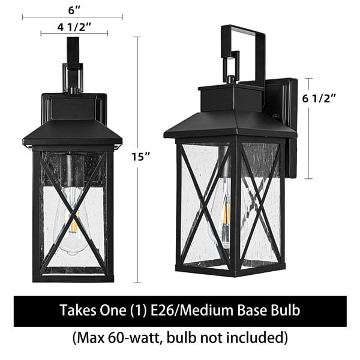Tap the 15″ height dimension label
click(x=140, y=157)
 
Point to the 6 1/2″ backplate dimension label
click(x=319, y=99)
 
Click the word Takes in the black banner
click(x=78, y=310)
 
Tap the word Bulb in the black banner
click(x=286, y=310)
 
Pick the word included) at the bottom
click(x=261, y=338)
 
